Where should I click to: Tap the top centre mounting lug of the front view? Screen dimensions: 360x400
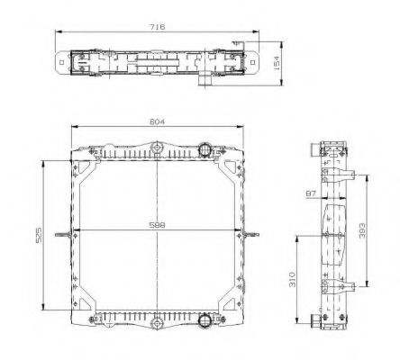point(159,147)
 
